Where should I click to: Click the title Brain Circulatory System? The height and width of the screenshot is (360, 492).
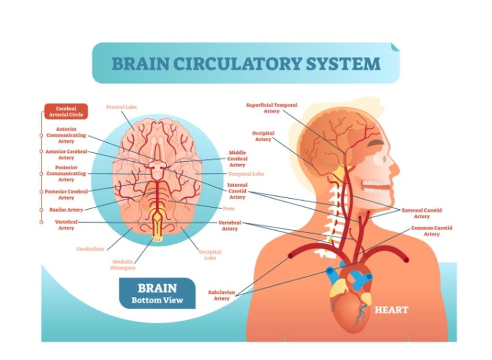[x=246, y=63]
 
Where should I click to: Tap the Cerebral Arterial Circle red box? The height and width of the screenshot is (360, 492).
[x=66, y=111]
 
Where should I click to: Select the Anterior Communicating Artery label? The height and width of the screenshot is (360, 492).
[x=66, y=135]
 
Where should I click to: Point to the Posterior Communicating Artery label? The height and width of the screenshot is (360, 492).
[x=66, y=173]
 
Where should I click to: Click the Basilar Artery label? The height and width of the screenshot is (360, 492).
[x=66, y=210]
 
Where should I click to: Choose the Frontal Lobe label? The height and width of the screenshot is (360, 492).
[x=121, y=107]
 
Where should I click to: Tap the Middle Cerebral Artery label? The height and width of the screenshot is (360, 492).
[x=237, y=159]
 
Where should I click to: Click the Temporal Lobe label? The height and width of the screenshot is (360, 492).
[x=246, y=174]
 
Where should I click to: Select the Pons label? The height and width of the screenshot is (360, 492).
[x=229, y=209]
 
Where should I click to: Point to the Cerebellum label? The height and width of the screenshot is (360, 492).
[x=90, y=249]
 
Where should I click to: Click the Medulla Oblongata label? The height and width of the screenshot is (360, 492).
[x=123, y=265]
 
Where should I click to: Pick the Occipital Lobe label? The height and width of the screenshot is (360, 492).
[x=210, y=254]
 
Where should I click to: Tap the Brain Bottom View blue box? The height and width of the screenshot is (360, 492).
[x=157, y=293]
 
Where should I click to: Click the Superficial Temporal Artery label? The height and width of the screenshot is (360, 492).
[x=271, y=108]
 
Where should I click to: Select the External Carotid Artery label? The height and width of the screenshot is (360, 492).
[x=421, y=213]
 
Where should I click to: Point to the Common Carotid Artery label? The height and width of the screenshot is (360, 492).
[x=431, y=231]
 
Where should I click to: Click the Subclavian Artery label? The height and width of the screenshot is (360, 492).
[x=221, y=295]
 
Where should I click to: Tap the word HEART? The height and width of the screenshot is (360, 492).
[x=391, y=310]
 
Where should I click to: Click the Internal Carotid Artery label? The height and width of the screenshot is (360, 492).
[x=237, y=191]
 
